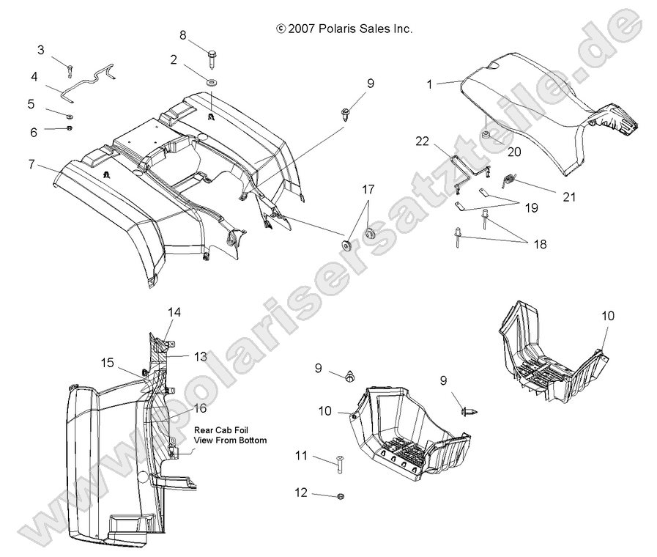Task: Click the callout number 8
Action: [183, 34]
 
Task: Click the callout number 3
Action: [41, 50]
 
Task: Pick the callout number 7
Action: [31, 165]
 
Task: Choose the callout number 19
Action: [531, 207]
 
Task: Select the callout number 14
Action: [174, 312]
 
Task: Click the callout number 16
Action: [199, 408]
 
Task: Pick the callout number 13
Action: [200, 356]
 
